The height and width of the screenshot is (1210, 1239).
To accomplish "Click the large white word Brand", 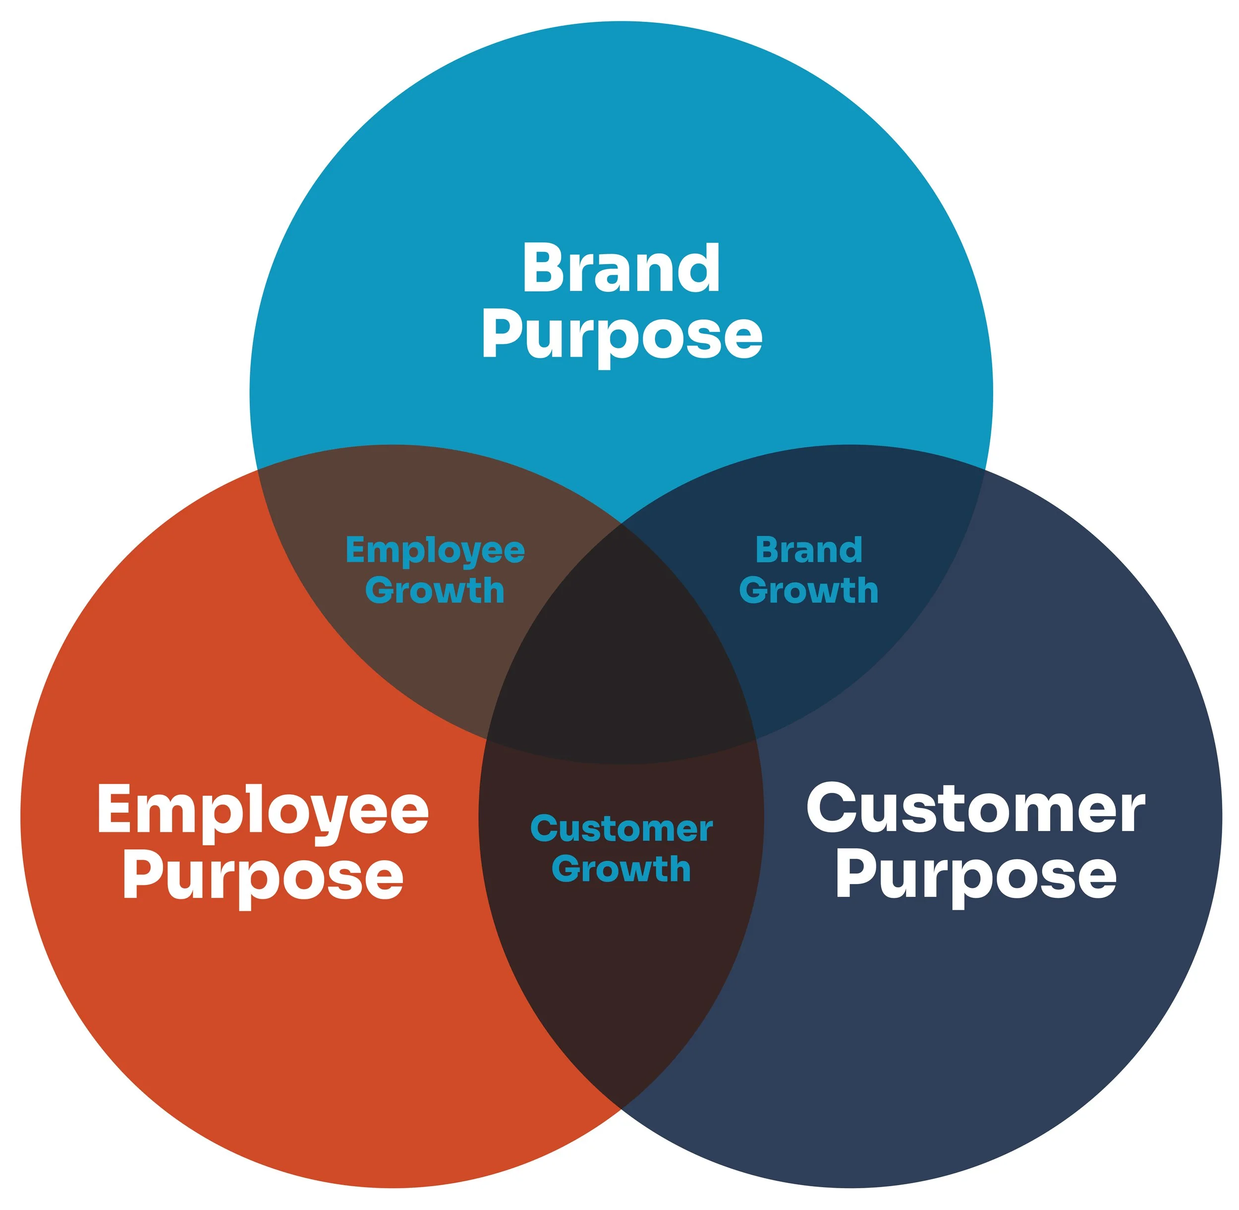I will coord(621,269).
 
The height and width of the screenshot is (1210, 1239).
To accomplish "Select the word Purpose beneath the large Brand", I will coord(621,335).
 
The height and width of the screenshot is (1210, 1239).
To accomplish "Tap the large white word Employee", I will coord(263,812).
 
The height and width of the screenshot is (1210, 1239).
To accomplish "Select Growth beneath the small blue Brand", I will coord(809,591).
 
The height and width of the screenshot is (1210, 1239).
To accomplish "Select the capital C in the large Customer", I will coord(830,809).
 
